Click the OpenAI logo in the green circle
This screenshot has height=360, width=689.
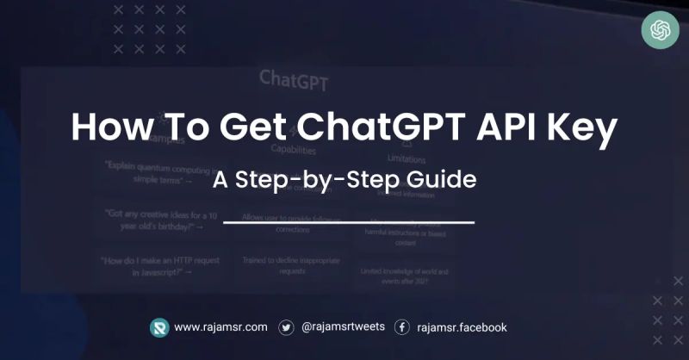(661, 32)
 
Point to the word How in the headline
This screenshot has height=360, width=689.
(109, 128)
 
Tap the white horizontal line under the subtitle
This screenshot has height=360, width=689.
(349, 222)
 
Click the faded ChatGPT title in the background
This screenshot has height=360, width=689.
(294, 80)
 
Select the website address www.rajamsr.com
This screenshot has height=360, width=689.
(220, 327)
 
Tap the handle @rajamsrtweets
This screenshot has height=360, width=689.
(343, 327)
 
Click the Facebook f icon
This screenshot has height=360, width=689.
(401, 327)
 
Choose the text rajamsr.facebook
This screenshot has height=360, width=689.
(462, 327)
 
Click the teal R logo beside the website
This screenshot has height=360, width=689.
(159, 327)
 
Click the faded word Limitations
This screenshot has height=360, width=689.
(406, 158)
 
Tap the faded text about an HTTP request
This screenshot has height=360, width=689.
(158, 265)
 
